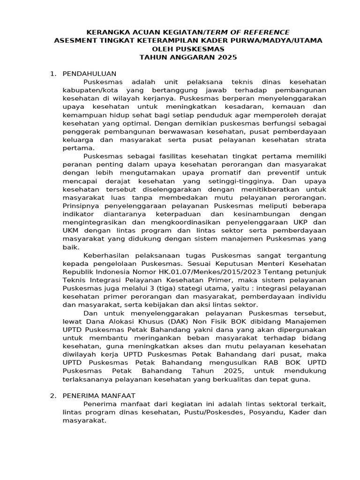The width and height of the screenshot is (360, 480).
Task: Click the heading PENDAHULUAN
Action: tap(89, 74)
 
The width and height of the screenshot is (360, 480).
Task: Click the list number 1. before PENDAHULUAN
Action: tap(53, 74)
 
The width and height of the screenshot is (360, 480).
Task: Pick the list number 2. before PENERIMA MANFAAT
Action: tap(53, 396)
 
